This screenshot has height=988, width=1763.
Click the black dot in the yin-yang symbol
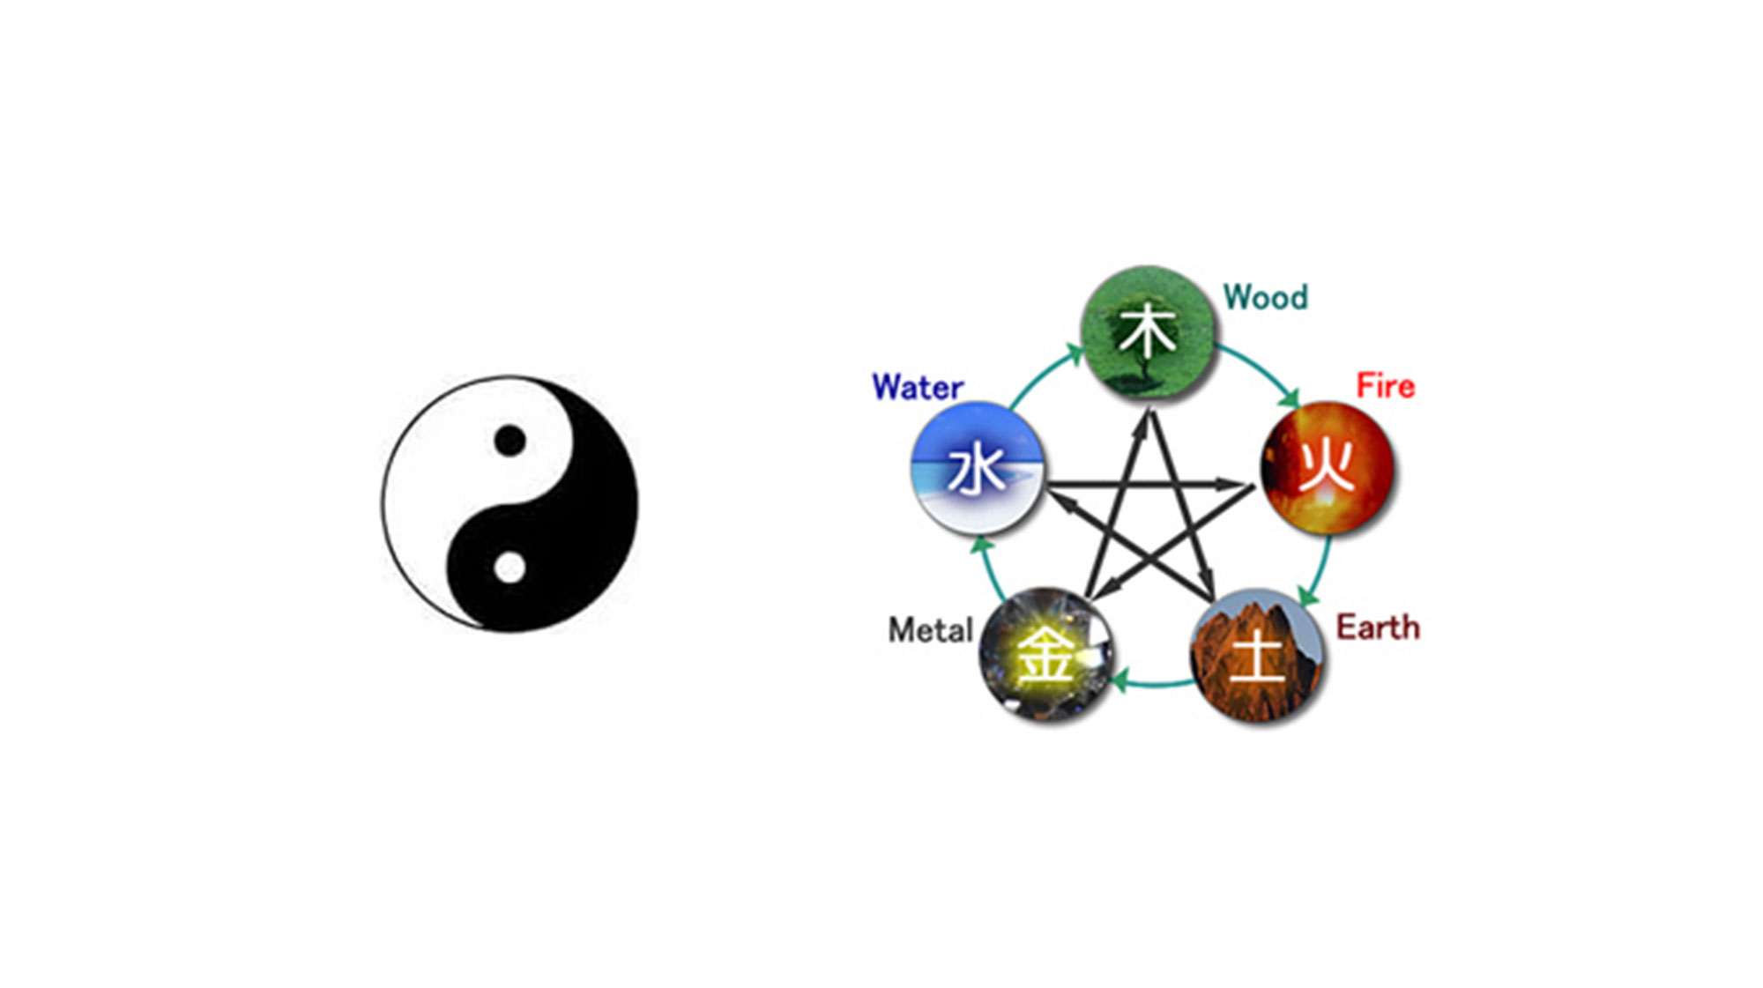[x=510, y=440]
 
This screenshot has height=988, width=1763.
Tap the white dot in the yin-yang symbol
[x=510, y=568]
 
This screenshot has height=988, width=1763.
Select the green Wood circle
[x=1147, y=332]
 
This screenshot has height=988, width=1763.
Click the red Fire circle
[x=1328, y=468]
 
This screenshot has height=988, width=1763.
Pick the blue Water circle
[x=978, y=468]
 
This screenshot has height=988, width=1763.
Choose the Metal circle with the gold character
[x=1046, y=655]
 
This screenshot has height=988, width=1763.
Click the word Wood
[x=1265, y=298]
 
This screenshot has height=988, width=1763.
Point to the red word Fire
[x=1385, y=386]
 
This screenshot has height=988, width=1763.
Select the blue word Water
[x=918, y=387]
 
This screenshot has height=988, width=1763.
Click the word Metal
[x=930, y=630]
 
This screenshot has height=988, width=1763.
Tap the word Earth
[x=1378, y=628]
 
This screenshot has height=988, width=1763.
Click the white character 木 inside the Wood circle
[x=1147, y=331]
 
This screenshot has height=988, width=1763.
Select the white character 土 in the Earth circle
[x=1257, y=657]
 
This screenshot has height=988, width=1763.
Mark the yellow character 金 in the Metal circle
[x=1045, y=655]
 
